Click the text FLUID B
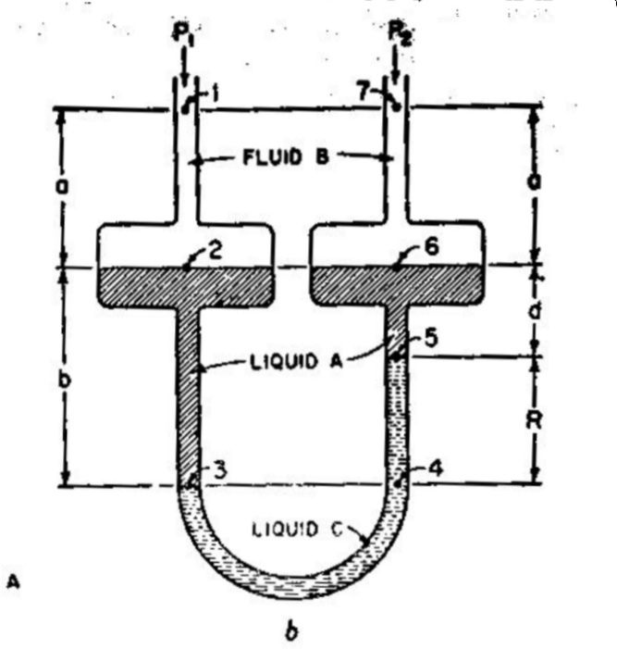coord(287,156)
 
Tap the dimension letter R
coord(549,419)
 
